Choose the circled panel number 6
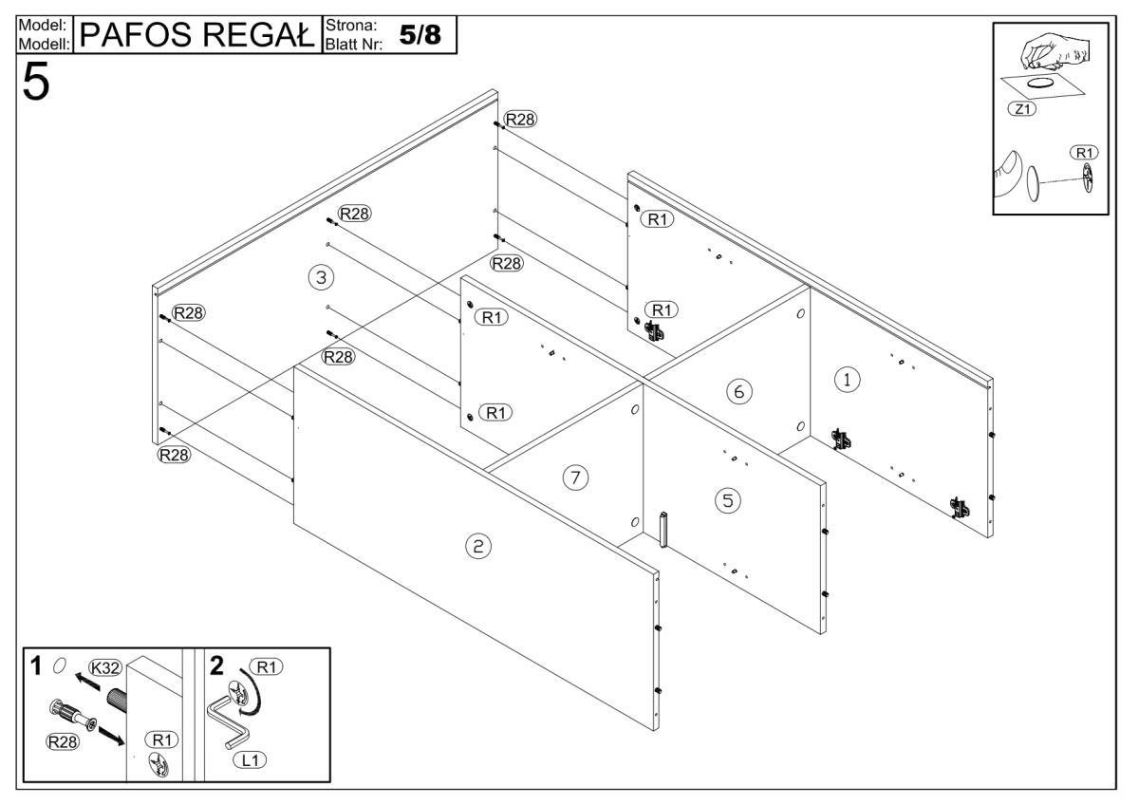coord(739,390)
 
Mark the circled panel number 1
coord(847,379)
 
